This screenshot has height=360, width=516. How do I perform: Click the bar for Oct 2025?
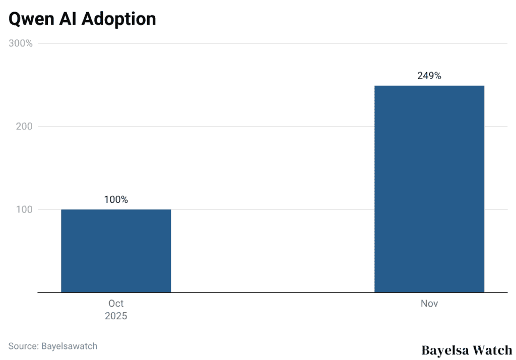pyautogui.click(x=116, y=251)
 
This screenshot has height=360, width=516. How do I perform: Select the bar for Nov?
pyautogui.click(x=429, y=189)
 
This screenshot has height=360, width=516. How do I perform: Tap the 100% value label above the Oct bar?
pyautogui.click(x=116, y=199)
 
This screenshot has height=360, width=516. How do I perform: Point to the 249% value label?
pyautogui.click(x=429, y=76)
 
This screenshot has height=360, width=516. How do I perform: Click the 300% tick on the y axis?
pyautogui.click(x=21, y=43)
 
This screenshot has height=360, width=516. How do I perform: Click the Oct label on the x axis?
pyautogui.click(x=116, y=304)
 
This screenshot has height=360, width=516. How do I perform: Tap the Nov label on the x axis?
pyautogui.click(x=429, y=304)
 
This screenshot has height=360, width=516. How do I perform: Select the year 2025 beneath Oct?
pyautogui.click(x=116, y=316)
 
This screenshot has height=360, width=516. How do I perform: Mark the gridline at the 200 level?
pyautogui.click(x=272, y=126)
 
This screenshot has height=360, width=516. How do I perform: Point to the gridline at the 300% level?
pyautogui.click(x=272, y=43)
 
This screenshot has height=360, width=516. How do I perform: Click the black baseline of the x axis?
pyautogui.click(x=272, y=292)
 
